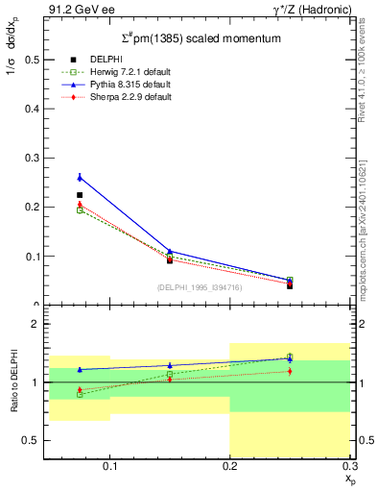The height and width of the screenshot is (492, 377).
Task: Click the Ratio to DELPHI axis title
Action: (x=13, y=382)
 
